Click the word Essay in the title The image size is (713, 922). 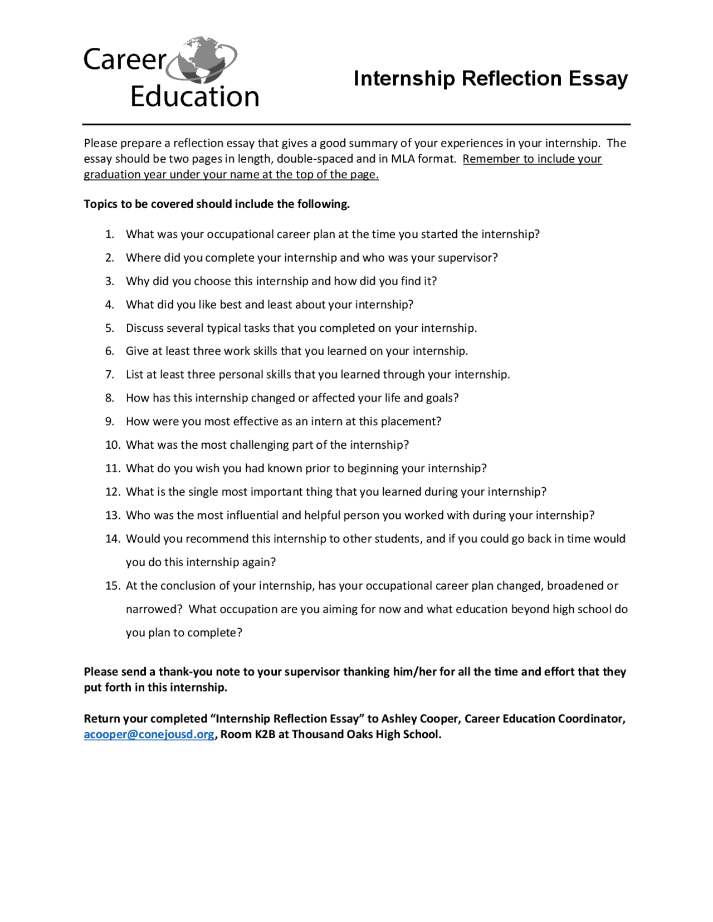[x=598, y=79]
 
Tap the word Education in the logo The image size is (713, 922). [x=194, y=96]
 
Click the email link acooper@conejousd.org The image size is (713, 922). [x=149, y=734]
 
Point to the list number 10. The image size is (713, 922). [x=113, y=445]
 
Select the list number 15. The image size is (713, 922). [x=113, y=586]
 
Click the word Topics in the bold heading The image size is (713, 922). [x=99, y=204]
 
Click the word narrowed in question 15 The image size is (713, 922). [x=154, y=609]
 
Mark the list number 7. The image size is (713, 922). [x=110, y=375]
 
